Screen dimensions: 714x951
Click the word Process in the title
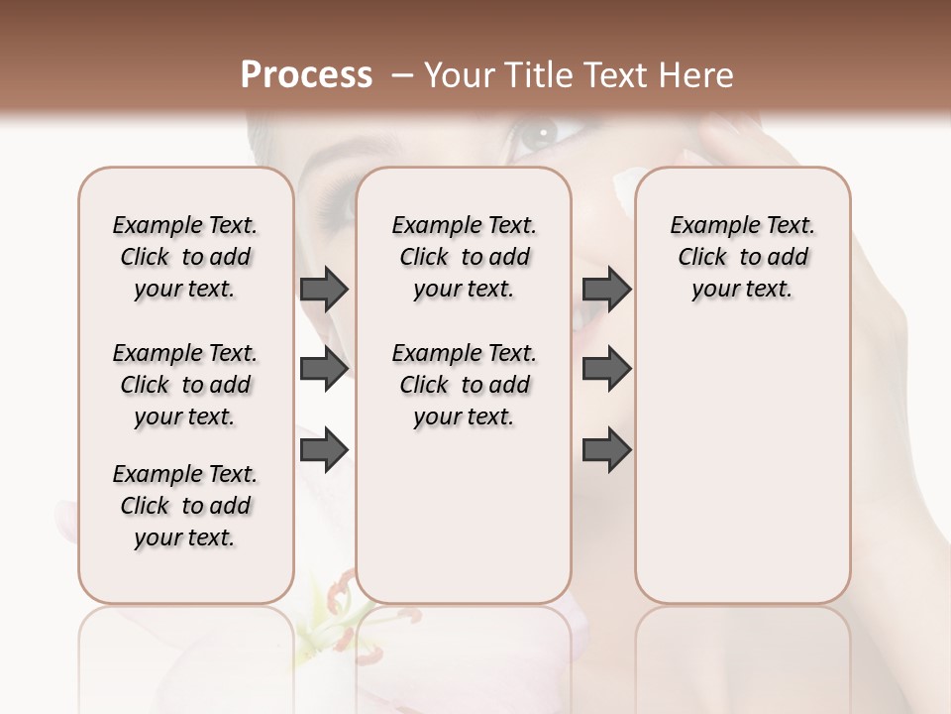coord(306,75)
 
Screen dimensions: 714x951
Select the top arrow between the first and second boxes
coord(324,289)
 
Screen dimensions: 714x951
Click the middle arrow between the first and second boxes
coord(324,369)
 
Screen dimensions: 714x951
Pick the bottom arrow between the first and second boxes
coord(324,449)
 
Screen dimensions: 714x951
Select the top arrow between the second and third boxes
coord(607,289)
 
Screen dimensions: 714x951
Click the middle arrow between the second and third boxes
coord(607,369)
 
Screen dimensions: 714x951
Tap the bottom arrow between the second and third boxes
coord(607,449)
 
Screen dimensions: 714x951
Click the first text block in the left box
coord(185,257)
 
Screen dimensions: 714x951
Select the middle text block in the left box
coord(185,385)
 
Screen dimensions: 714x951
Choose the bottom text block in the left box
coord(185,506)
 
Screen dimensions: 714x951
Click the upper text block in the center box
coord(465,257)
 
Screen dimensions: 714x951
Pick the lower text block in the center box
coord(465,385)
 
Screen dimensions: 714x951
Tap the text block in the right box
coord(743,257)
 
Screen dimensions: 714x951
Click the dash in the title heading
coord(402,75)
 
